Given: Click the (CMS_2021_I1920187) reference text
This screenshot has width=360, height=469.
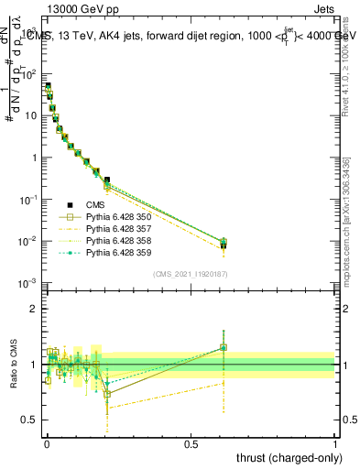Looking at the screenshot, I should click(190, 274).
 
